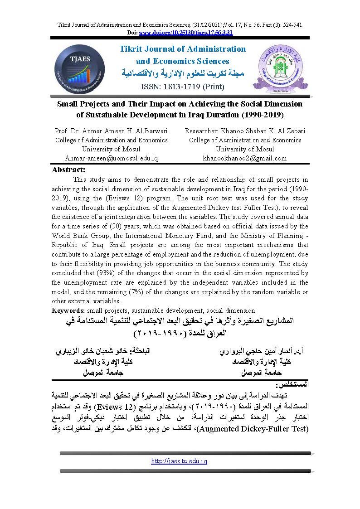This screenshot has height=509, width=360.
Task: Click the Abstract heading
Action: (69, 170)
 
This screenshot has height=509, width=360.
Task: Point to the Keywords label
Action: (68, 310)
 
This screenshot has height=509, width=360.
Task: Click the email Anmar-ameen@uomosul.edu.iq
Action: (111, 158)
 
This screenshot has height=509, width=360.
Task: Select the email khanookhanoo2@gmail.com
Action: (245, 158)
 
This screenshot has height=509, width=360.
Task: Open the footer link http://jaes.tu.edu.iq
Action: (180, 461)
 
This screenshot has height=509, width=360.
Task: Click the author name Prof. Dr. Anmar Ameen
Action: (111, 131)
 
